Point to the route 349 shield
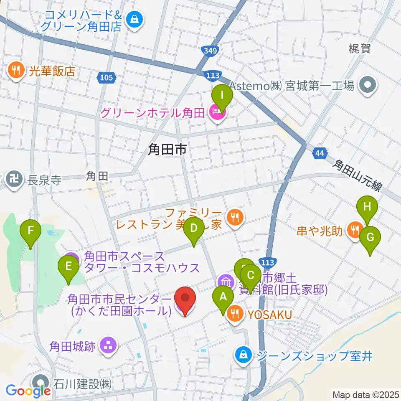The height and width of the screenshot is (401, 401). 211,51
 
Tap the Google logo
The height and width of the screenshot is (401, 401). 28,390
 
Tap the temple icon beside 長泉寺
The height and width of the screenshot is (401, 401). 14,180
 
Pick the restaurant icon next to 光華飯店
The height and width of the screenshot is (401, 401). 16,70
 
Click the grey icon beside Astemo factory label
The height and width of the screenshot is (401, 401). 368,86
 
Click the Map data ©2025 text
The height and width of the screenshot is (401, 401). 365,394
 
